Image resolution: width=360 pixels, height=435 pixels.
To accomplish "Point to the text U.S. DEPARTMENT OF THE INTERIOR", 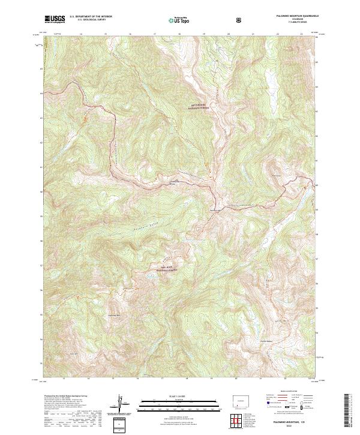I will pyautogui.click(x=91, y=17).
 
